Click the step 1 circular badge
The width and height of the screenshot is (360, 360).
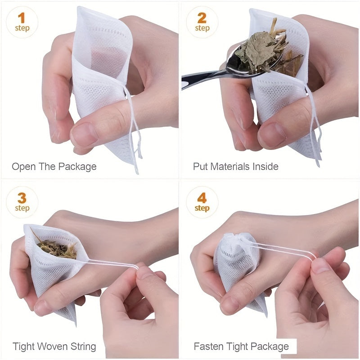coord(22,22)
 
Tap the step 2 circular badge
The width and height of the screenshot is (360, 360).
coord(202,22)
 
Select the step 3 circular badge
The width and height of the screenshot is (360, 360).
coord(22,202)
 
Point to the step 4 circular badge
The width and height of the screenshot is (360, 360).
coord(202,202)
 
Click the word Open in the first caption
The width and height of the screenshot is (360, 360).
coord(23,166)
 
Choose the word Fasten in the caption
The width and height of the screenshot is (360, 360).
coord(208,346)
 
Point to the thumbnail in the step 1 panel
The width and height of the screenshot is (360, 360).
coord(83,134)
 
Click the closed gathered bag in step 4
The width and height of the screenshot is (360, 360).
coord(236,265)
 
